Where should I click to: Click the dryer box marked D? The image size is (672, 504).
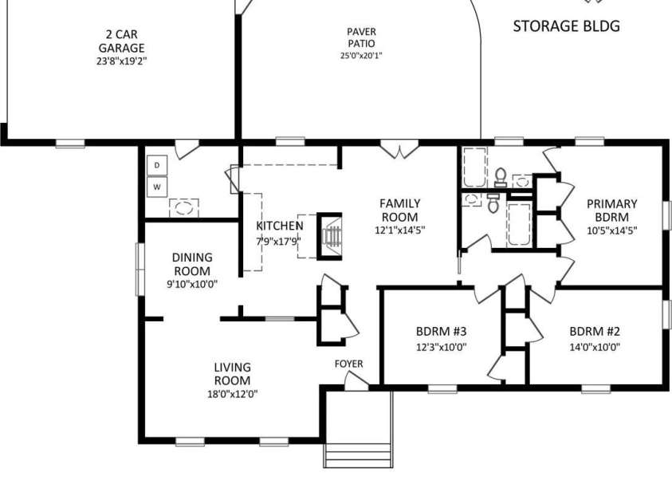(x=157, y=165)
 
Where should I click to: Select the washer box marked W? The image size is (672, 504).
(x=157, y=187)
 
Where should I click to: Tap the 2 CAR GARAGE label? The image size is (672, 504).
(x=122, y=41)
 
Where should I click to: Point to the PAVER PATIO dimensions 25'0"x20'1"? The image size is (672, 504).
(x=361, y=55)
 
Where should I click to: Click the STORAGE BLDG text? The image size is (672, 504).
(x=567, y=26)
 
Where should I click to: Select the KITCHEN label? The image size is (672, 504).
(x=280, y=226)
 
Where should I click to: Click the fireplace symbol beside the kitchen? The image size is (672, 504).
(x=329, y=236)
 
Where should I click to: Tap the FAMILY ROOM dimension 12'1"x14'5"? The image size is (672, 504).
(x=400, y=230)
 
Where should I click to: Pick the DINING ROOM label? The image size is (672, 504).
(x=192, y=264)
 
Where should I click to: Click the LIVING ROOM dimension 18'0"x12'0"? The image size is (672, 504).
(x=233, y=394)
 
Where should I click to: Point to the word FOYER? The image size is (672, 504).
(x=349, y=364)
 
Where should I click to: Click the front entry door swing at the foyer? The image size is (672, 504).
(x=356, y=380)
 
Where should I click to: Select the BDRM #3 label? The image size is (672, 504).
(x=442, y=331)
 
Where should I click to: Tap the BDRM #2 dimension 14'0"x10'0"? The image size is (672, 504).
(x=595, y=347)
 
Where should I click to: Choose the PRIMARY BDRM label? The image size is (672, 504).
(x=612, y=210)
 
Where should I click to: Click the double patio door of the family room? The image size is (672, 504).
(x=399, y=149)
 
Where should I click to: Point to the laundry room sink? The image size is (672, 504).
(x=184, y=208)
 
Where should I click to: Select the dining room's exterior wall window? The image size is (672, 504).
(x=140, y=269)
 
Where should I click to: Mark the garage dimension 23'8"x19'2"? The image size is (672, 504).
(x=122, y=61)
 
